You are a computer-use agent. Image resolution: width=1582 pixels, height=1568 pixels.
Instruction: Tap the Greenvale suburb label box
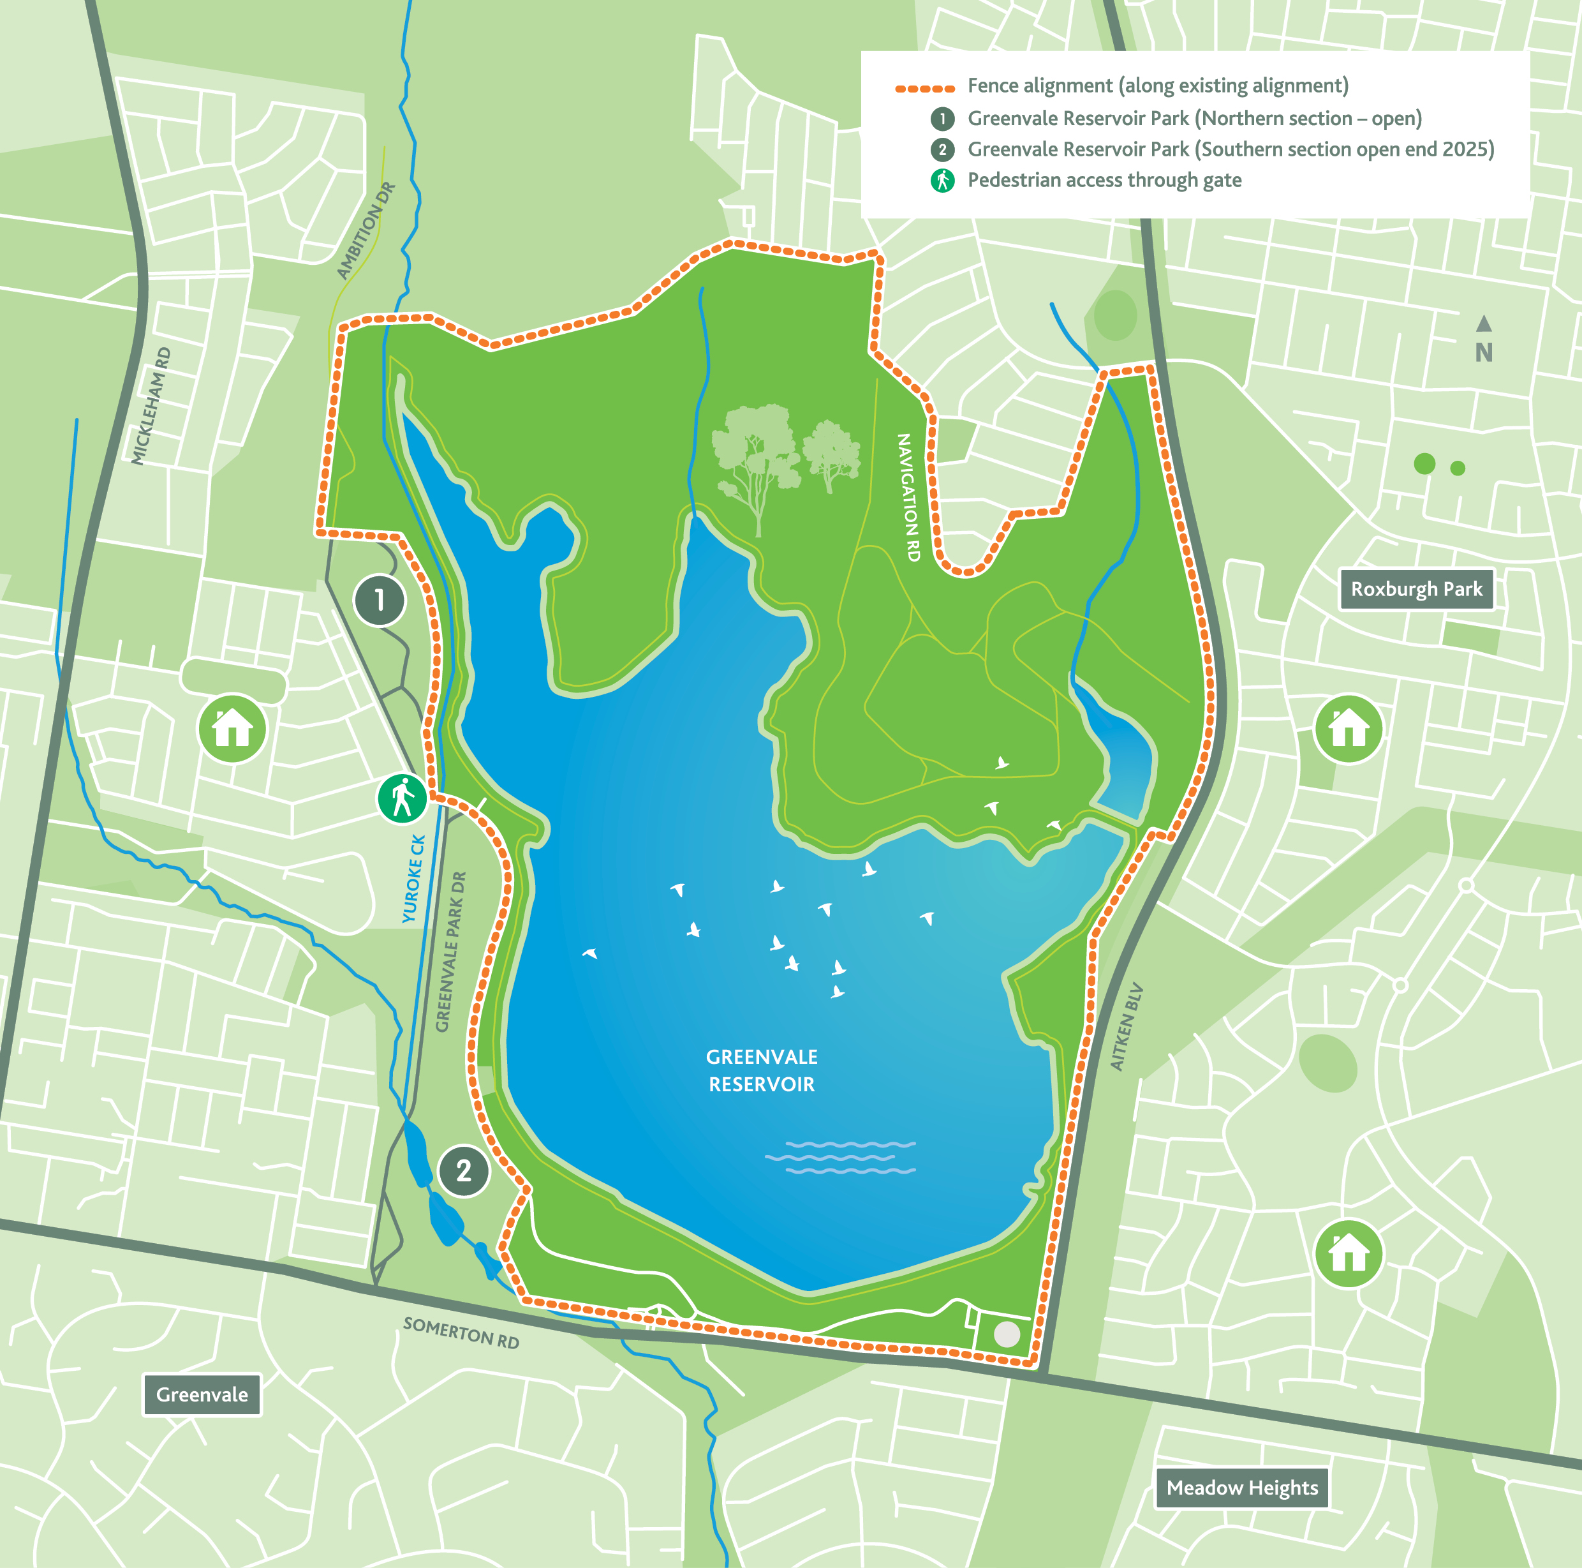click(x=202, y=1394)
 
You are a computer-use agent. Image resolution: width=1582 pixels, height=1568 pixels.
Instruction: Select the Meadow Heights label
click(x=1241, y=1487)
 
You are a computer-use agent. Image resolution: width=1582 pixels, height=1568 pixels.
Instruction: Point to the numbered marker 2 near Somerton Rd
click(x=464, y=1170)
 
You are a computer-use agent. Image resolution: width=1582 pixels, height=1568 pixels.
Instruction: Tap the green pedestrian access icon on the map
click(x=402, y=799)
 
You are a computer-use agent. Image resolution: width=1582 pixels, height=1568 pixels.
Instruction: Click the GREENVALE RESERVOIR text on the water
click(x=762, y=1070)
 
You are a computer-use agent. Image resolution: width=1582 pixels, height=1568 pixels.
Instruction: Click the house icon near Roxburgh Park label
click(x=1348, y=728)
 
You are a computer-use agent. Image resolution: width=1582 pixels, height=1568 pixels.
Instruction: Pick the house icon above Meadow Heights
click(x=1348, y=1253)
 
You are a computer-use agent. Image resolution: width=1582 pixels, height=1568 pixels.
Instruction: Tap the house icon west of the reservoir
click(x=233, y=728)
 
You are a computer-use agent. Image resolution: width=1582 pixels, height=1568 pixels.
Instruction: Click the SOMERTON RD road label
click(x=461, y=1333)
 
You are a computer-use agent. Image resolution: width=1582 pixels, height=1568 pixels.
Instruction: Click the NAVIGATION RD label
click(x=908, y=497)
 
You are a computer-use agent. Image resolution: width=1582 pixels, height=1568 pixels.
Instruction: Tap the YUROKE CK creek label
click(x=413, y=878)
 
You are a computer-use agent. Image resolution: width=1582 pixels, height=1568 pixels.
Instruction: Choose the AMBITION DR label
click(x=366, y=230)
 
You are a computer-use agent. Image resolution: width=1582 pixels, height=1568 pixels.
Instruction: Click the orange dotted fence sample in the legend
click(x=924, y=87)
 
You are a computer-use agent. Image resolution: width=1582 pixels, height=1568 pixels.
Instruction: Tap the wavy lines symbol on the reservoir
click(x=841, y=1157)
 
